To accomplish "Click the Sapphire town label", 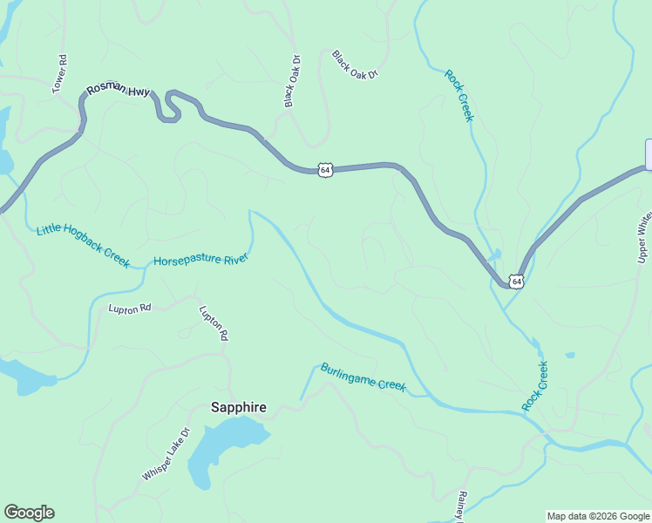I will point(238,407).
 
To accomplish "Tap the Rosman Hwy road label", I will point(118,91).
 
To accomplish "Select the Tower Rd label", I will point(60,74).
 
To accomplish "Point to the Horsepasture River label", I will point(201,260).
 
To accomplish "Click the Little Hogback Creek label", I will point(83,247).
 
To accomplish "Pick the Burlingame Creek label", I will point(363,377).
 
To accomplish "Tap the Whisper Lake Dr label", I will point(166,454).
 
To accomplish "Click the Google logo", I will point(29,513).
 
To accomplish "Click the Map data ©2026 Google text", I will point(598,516).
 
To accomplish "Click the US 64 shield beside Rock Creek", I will point(517,282).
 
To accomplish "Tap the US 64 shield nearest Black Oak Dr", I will point(324,170).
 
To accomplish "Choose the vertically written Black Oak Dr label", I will point(292,82).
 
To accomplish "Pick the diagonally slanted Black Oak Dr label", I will point(355,65).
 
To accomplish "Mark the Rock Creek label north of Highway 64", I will point(458,96).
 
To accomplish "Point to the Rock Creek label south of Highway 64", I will point(535,386).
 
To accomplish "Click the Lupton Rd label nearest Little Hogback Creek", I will point(130,308).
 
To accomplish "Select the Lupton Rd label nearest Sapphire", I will point(213,323).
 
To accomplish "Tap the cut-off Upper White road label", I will point(643,235).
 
